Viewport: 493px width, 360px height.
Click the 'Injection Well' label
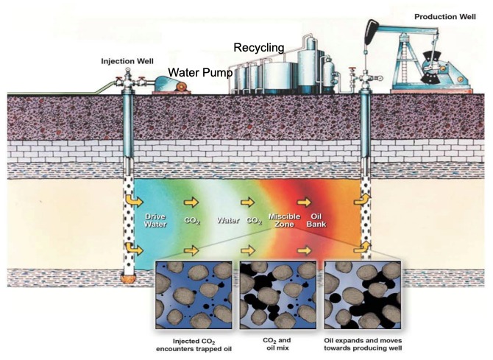click(127, 61)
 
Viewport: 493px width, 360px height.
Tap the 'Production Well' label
click(445, 17)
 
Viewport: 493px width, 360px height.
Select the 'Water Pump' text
click(200, 72)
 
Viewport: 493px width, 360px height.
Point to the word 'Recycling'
click(259, 48)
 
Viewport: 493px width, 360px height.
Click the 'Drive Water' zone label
click(155, 220)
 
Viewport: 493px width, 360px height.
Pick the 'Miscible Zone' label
click(284, 220)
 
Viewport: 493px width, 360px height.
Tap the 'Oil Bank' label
click(316, 220)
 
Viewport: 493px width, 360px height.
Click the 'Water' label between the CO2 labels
click(228, 220)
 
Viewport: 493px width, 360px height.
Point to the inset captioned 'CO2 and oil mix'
click(277, 295)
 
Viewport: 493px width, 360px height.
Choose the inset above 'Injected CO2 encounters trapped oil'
click(194, 295)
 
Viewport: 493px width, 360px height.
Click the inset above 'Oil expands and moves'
click(363, 295)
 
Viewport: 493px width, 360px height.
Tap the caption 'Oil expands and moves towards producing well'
click(363, 345)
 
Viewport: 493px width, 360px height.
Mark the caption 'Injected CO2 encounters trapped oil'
click(194, 345)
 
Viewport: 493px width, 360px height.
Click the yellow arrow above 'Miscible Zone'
click(248, 202)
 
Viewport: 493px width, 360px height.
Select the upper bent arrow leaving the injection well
click(135, 200)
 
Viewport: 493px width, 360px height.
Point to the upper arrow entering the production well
click(363, 200)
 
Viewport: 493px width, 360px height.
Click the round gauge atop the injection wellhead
click(127, 70)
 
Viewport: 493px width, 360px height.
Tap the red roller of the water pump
click(181, 87)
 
